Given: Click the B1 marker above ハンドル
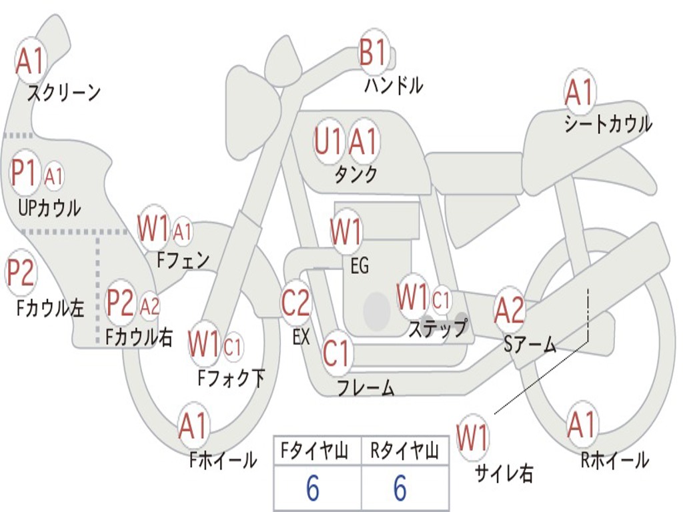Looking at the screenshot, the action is tap(374, 51).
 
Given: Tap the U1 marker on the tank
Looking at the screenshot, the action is tap(327, 141).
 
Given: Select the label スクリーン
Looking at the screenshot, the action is tap(64, 93).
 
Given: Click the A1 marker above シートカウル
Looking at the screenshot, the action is tap(580, 92).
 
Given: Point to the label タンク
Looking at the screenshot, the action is tap(356, 174).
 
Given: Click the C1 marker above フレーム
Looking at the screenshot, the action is tap(336, 352).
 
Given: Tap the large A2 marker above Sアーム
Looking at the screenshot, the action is tap(509, 309).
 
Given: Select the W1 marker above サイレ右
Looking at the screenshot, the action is tap(473, 437).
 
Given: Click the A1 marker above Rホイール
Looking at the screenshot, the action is tap(582, 425).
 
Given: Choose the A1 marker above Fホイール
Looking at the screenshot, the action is tap(193, 425).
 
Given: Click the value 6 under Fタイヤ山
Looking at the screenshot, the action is tap(313, 487).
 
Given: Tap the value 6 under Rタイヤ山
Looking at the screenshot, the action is tap(400, 487).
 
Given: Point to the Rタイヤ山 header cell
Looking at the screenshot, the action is tap(405, 451).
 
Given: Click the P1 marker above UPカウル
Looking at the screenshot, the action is tap(25, 173).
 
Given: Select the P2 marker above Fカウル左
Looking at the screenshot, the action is tap(21, 273).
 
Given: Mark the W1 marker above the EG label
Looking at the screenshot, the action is tap(346, 231).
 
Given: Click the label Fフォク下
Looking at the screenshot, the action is tap(231, 377).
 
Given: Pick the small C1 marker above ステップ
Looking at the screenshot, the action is tap(440, 300).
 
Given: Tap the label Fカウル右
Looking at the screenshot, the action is tap(139, 337).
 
